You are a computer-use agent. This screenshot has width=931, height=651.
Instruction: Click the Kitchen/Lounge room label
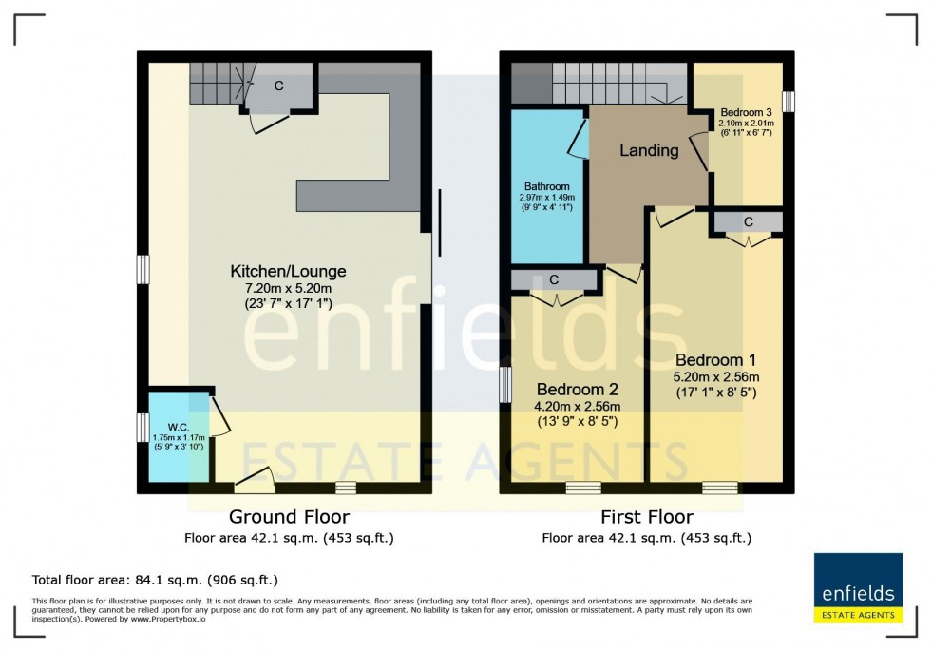pos(285,271)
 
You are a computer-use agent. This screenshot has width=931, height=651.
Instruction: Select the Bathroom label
pos(545,186)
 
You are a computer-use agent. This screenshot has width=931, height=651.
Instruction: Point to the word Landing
pos(649,150)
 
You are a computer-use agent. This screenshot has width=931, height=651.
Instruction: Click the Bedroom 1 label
pos(715,360)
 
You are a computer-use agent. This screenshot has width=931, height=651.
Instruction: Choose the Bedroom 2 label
pos(578,390)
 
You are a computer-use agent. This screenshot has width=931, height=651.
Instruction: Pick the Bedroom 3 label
pos(747,110)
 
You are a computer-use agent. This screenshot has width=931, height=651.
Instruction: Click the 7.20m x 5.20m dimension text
pos(285,289)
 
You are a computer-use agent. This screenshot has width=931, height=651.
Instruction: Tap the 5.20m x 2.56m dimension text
pos(715,376)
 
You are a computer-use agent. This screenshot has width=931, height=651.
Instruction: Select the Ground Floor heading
pos(289,517)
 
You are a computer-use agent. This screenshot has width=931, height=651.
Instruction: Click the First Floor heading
pos(646,517)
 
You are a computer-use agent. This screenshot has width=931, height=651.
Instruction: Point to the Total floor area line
pos(155,580)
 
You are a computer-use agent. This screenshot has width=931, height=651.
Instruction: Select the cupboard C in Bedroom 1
pos(749,222)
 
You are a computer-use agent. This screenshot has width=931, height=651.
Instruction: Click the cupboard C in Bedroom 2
pos(554,280)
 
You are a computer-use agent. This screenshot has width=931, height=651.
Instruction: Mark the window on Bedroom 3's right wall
pos(788,101)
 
